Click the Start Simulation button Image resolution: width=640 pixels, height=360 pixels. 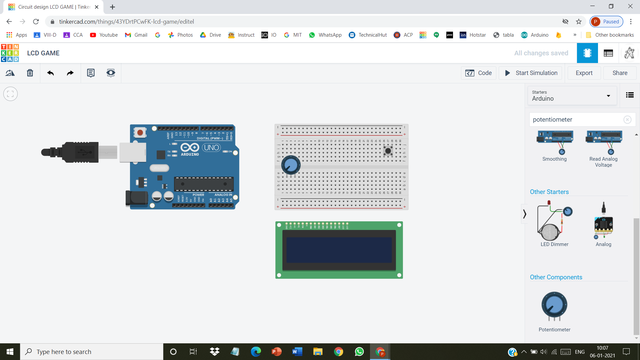pyautogui.click(x=531, y=73)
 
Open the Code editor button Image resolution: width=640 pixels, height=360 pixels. pyautogui.click(x=479, y=73)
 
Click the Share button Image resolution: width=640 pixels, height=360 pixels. pyautogui.click(x=620, y=73)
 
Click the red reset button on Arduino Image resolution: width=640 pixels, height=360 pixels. pyautogui.click(x=140, y=133)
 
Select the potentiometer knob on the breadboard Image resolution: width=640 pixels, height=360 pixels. pyautogui.click(x=291, y=165)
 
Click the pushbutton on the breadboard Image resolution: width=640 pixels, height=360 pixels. pyautogui.click(x=388, y=151)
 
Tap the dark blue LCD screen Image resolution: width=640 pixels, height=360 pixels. pyautogui.click(x=339, y=250)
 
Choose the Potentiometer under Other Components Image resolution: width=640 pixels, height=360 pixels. pyautogui.click(x=554, y=306)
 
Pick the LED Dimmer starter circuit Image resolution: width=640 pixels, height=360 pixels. pyautogui.click(x=554, y=222)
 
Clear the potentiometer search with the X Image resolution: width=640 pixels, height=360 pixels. pyautogui.click(x=627, y=120)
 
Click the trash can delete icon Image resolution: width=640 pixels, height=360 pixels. pyautogui.click(x=30, y=73)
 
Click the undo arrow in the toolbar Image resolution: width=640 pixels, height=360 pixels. pyautogui.click(x=50, y=73)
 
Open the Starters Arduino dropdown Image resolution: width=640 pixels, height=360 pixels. pyautogui.click(x=572, y=96)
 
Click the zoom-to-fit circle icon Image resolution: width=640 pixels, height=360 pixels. pyautogui.click(x=10, y=94)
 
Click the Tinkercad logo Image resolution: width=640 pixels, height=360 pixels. pyautogui.click(x=10, y=53)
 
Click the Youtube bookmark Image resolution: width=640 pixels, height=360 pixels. pyautogui.click(x=104, y=35)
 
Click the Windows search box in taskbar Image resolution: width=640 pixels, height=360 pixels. pyautogui.click(x=92, y=352)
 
